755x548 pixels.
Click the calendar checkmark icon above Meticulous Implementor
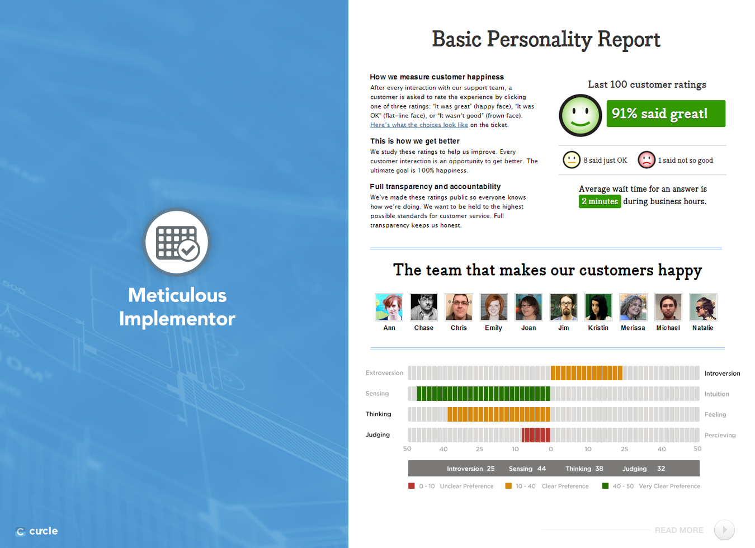click(177, 242)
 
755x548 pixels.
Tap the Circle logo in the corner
click(36, 531)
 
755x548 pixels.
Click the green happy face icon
click(580, 115)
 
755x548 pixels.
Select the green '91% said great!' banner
click(666, 114)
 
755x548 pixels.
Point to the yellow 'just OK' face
click(572, 160)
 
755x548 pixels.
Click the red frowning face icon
click(646, 160)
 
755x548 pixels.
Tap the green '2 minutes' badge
click(600, 201)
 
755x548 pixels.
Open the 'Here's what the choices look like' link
click(419, 125)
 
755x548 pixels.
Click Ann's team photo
click(389, 306)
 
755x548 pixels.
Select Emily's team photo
click(493, 306)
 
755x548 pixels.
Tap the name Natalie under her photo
click(703, 328)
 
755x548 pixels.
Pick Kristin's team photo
click(598, 306)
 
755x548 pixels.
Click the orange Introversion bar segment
click(587, 373)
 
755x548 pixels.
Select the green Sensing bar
click(483, 394)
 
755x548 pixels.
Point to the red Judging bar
click(536, 434)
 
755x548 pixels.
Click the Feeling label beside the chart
click(715, 414)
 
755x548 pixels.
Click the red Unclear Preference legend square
click(411, 485)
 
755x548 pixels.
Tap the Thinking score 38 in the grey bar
click(599, 469)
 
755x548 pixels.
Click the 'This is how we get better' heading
click(414, 141)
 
